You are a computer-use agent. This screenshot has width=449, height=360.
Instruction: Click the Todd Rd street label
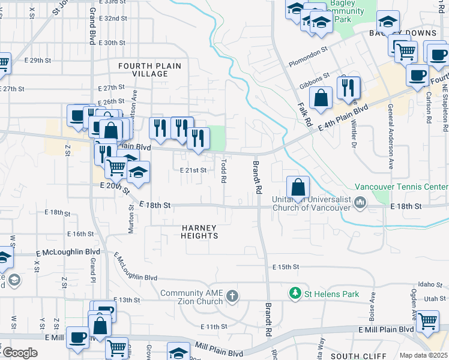click(223, 170)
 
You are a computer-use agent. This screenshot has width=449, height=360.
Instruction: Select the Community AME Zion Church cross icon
click(233, 296)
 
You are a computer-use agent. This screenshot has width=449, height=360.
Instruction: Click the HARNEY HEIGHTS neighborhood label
click(200, 232)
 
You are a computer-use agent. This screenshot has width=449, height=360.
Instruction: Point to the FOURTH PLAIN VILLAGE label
click(143, 70)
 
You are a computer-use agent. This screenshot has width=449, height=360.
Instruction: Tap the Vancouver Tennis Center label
click(402, 187)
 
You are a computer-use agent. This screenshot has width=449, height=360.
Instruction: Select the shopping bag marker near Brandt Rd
click(298, 187)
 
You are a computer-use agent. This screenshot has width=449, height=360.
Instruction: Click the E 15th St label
click(286, 266)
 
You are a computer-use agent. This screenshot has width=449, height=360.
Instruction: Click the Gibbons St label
click(319, 78)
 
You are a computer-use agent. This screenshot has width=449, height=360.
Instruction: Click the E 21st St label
click(194, 170)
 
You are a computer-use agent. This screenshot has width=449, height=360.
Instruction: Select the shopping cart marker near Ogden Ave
click(427, 322)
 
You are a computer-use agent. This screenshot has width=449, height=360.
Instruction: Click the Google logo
click(20, 353)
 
